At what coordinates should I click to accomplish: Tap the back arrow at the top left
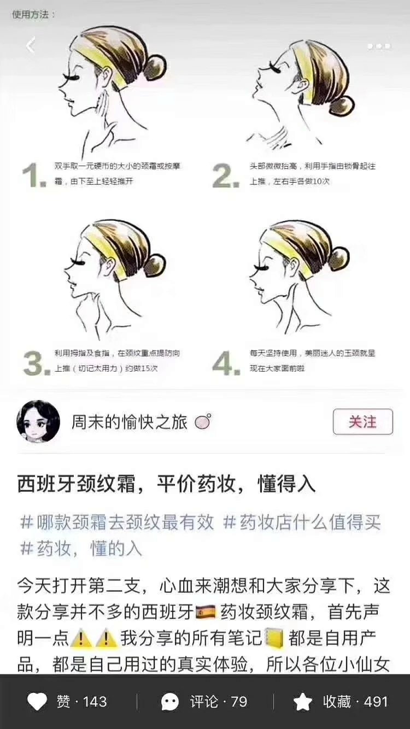(31, 45)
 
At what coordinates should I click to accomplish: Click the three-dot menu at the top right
(379, 46)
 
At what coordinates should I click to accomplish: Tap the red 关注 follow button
(363, 422)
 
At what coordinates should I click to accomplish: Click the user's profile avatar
(38, 421)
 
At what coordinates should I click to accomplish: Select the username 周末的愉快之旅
(129, 422)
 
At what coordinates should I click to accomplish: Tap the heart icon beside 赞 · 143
(37, 702)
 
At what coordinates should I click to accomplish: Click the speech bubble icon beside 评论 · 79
(170, 702)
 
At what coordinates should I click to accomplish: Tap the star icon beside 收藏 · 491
(303, 702)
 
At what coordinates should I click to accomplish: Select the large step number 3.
(37, 363)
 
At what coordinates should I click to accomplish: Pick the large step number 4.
(226, 363)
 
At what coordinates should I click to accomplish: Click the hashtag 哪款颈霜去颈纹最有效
(117, 522)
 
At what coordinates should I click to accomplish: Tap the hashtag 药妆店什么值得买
(302, 522)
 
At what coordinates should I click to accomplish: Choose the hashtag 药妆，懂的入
(81, 548)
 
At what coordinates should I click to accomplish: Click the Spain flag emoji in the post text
(206, 612)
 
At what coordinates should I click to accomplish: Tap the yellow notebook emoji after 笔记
(274, 638)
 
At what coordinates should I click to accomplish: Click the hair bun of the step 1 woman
(156, 67)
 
